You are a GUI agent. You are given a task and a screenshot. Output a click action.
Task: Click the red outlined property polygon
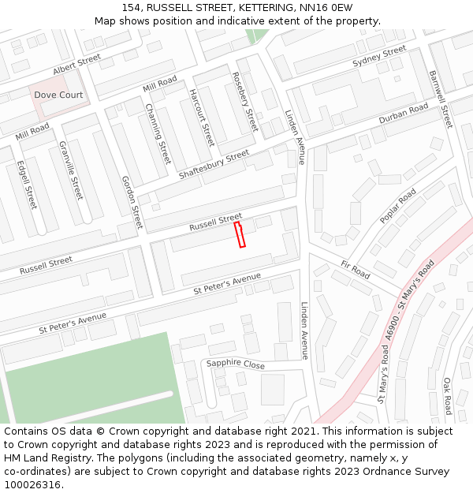[x=240, y=234]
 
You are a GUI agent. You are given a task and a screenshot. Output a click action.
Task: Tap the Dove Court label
[x=58, y=95]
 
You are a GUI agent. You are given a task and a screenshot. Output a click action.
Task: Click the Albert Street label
[x=78, y=64]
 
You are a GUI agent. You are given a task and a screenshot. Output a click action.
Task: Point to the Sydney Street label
[x=379, y=57]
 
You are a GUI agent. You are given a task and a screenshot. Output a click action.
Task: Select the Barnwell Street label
[x=441, y=99]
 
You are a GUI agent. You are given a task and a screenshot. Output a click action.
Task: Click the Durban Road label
[x=403, y=114]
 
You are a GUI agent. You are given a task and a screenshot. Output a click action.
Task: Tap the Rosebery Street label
[x=245, y=102]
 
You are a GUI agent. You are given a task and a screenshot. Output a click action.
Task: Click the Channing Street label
[x=158, y=133]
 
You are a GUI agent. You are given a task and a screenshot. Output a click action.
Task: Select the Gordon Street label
[x=132, y=201]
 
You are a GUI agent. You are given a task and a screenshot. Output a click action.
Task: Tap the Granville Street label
[x=70, y=170]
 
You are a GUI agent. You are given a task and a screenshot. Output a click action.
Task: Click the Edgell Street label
[x=27, y=185]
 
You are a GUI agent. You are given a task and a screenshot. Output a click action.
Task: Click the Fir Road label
[x=356, y=269]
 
